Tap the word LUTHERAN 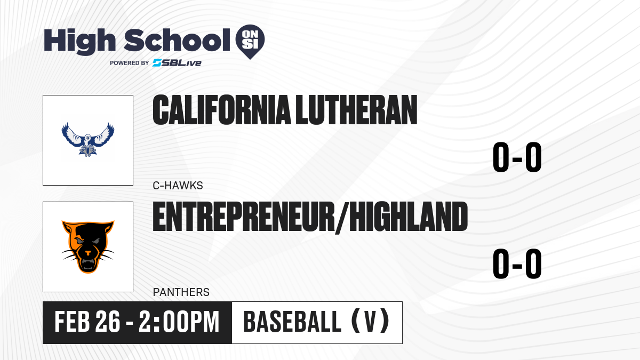356,110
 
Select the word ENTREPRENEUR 244,217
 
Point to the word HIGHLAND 409,217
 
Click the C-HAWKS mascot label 178,186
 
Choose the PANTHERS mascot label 181,292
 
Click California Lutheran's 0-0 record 517,157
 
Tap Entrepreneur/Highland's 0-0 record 517,263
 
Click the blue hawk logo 88,139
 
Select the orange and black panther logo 88,247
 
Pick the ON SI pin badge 250,42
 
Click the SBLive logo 177,63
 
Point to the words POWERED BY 130,63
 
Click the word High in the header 79,42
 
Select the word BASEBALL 292,322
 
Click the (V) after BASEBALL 370,322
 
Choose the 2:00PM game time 179,322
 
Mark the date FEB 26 87,322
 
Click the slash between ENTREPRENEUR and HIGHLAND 342,218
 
